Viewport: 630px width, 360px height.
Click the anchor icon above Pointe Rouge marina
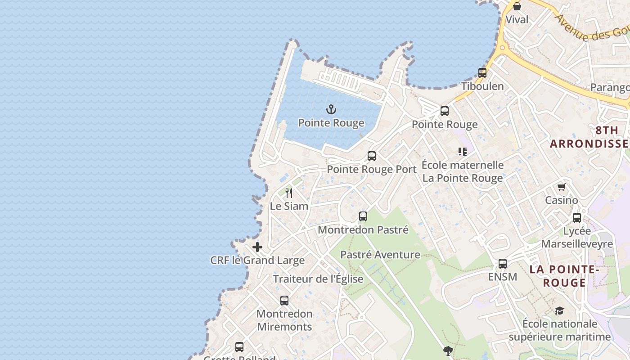(x=331, y=109)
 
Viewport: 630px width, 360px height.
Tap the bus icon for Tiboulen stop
(x=482, y=72)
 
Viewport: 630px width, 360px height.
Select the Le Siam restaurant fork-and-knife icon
(x=289, y=193)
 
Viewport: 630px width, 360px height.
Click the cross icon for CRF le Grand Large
(x=257, y=247)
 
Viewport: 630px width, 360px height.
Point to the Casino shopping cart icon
(x=561, y=187)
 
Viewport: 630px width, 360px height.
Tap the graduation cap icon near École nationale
(x=559, y=311)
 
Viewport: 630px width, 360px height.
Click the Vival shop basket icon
(x=517, y=6)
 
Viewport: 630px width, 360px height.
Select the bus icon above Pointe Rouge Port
(x=372, y=156)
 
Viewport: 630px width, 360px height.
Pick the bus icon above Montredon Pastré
(x=363, y=216)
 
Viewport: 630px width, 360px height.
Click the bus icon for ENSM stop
(x=503, y=264)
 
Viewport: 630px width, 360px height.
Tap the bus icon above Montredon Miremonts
(x=284, y=301)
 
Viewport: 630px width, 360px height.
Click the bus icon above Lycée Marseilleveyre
(x=577, y=218)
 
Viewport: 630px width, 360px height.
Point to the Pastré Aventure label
(x=380, y=255)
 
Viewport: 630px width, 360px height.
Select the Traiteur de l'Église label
(x=318, y=279)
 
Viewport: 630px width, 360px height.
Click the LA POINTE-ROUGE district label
(x=564, y=276)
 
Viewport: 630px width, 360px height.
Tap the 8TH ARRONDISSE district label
(x=589, y=137)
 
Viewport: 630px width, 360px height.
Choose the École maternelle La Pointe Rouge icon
(x=463, y=152)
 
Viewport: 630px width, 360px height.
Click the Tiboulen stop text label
(x=482, y=86)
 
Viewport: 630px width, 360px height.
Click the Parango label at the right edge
(x=610, y=88)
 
